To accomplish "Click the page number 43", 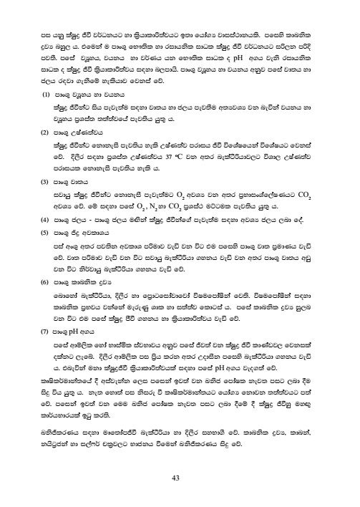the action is point(179,479).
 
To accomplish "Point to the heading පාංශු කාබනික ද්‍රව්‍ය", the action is point(77,284).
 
